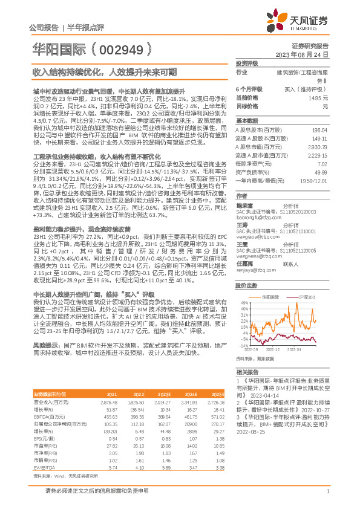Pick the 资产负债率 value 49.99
(x=321, y=172)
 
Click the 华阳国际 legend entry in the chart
(x=270, y=297)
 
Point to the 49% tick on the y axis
(x=243, y=303)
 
